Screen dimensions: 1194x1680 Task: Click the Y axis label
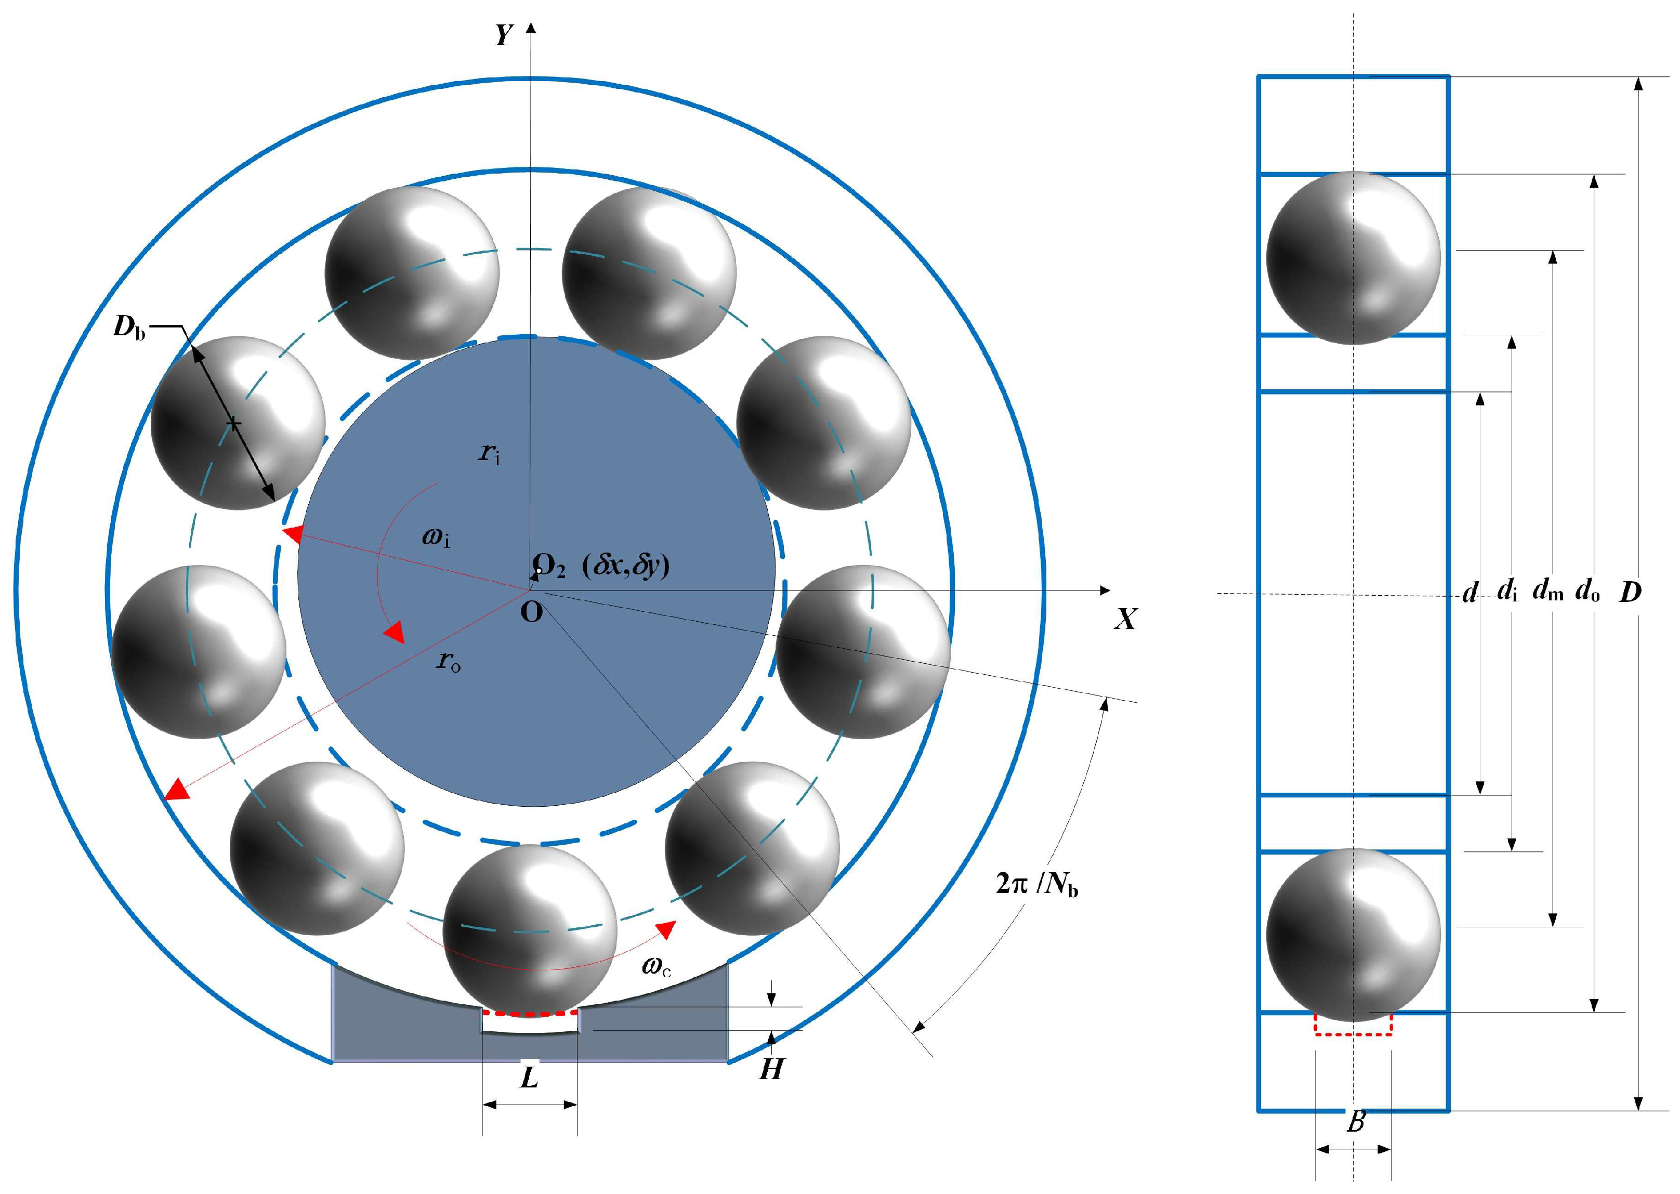click(x=504, y=34)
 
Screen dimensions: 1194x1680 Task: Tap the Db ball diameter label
click(x=129, y=327)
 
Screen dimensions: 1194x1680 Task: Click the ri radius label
click(x=490, y=454)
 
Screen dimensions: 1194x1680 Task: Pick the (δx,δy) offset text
click(x=626, y=566)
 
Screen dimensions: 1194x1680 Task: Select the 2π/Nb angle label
click(x=1036, y=883)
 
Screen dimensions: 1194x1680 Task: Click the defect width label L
click(x=529, y=1079)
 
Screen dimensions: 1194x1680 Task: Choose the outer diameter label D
click(x=1630, y=592)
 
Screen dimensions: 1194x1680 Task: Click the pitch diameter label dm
click(x=1547, y=591)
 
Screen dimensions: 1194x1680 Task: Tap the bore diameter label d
click(x=1469, y=593)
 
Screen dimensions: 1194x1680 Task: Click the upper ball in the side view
click(x=1353, y=257)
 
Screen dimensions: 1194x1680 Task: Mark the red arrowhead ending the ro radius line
click(x=176, y=791)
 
